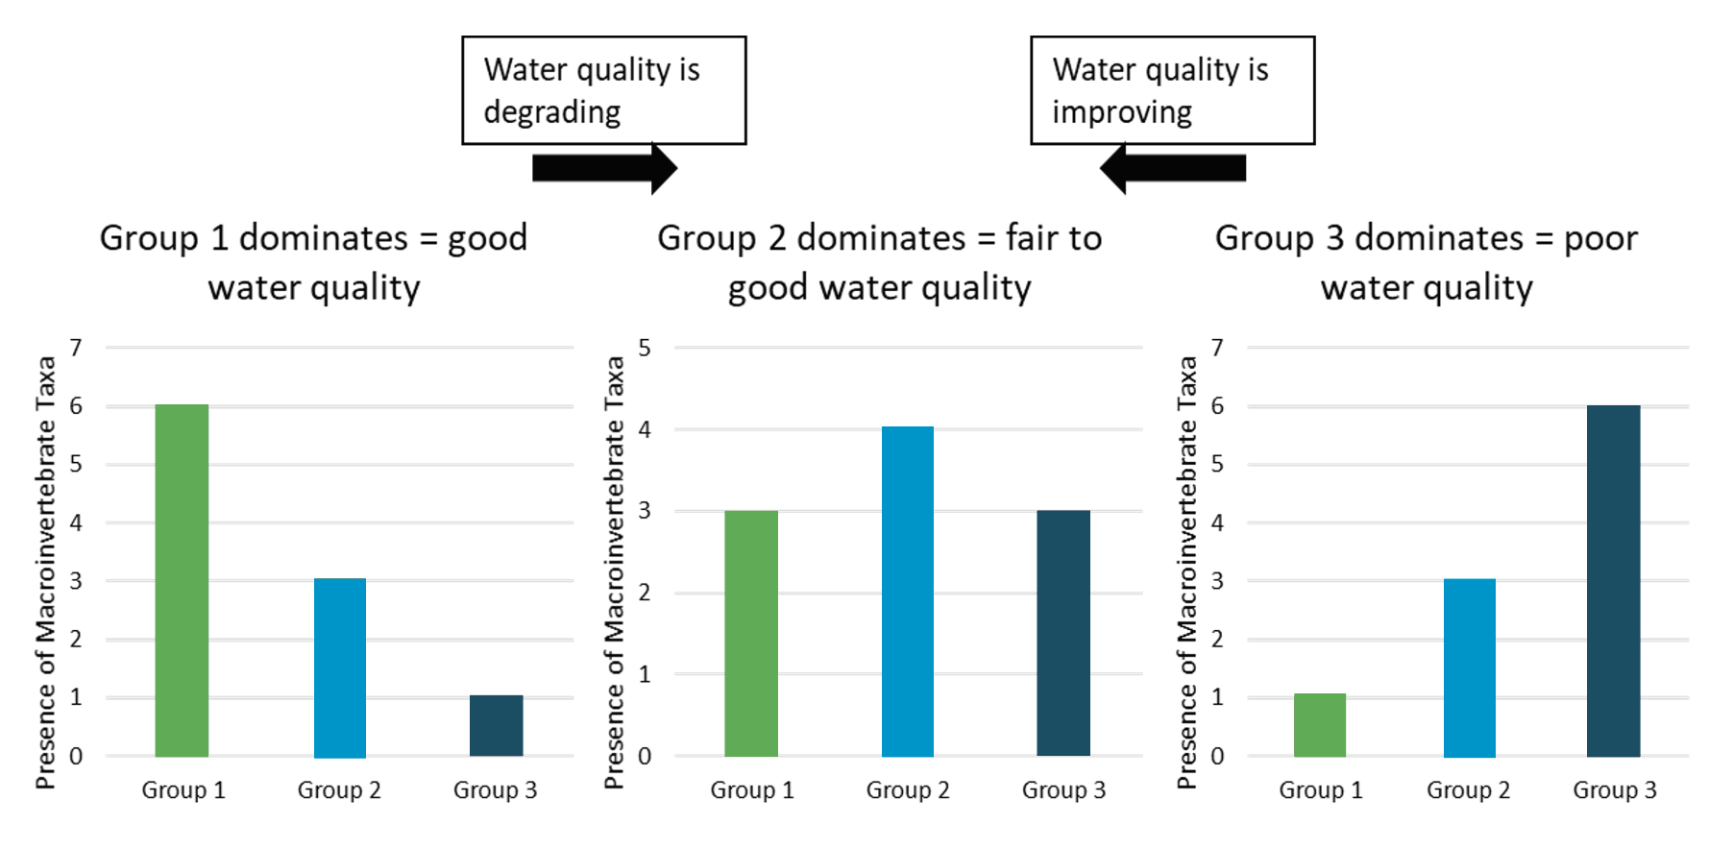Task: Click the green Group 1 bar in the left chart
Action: coord(182,580)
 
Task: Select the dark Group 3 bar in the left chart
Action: coord(496,725)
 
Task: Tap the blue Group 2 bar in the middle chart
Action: coord(907,591)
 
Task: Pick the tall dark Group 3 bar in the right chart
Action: coord(1613,580)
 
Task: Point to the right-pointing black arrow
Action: coord(604,168)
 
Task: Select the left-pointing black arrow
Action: coord(1173,168)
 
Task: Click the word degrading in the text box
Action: coord(552,112)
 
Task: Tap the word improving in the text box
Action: coord(1122,112)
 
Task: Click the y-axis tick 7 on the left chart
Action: coord(76,347)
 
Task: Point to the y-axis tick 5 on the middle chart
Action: coord(645,348)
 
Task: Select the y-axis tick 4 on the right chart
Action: coord(1217,522)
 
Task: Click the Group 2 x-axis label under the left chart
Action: coord(339,789)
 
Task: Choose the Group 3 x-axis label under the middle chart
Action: coord(1063,789)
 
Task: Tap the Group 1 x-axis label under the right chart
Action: coord(1320,789)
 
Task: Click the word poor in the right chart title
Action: coord(1600,238)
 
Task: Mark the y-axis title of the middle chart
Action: coord(614,571)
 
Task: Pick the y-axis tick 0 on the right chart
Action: coord(1217,756)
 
